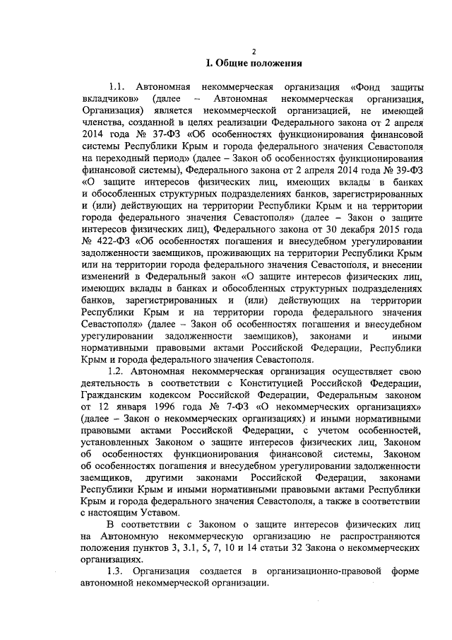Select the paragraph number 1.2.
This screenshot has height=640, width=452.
pyautogui.click(x=116, y=371)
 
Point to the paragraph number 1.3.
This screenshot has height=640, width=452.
pyautogui.click(x=116, y=571)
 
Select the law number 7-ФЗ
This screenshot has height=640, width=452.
pyautogui.click(x=220, y=408)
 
